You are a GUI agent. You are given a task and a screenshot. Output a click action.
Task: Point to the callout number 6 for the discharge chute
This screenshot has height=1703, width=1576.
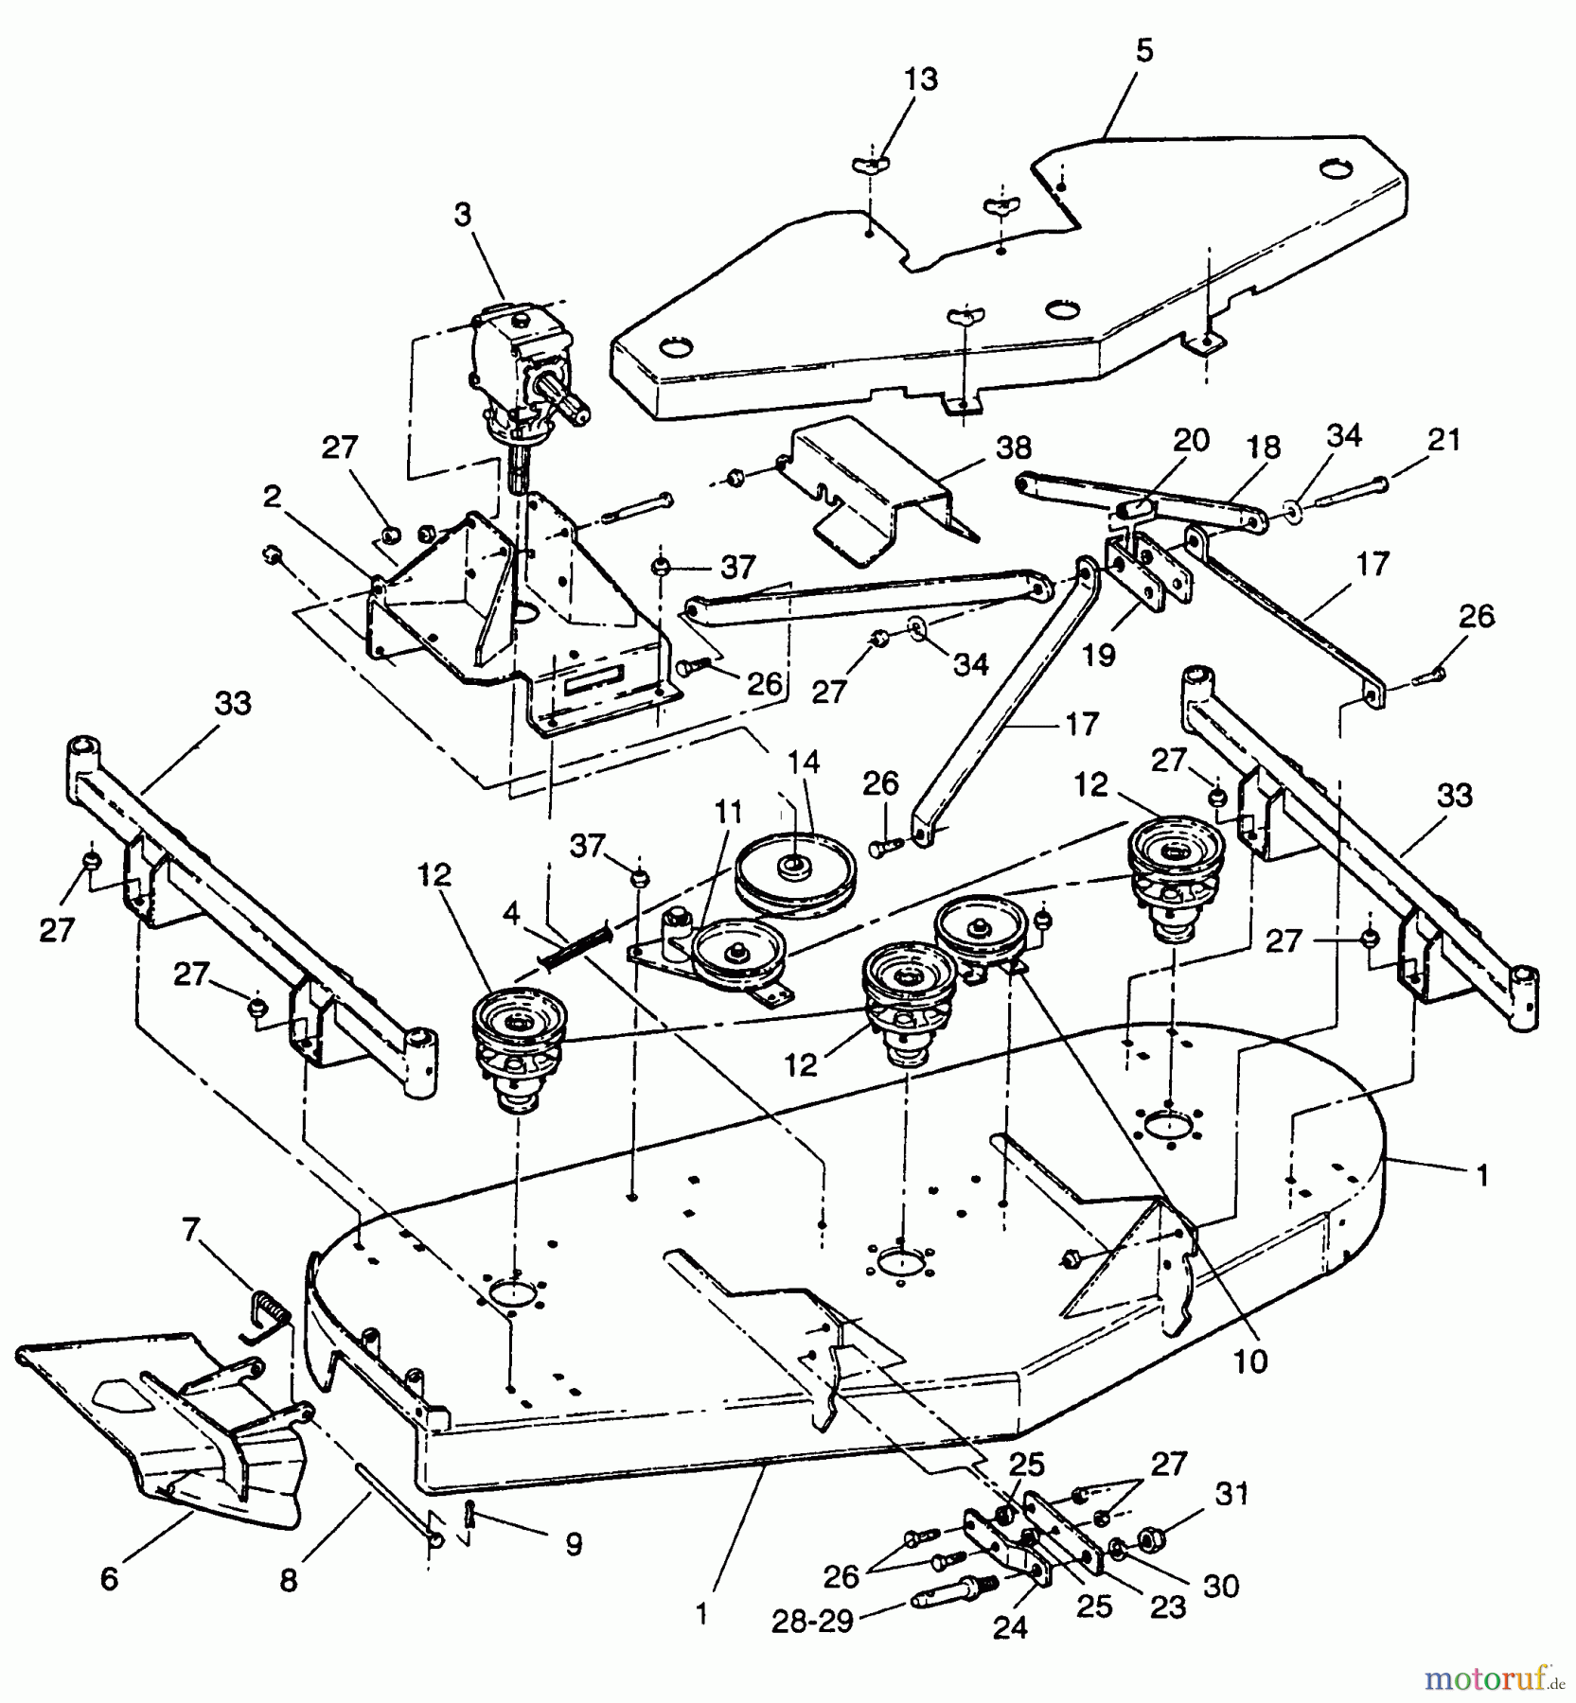[109, 1578]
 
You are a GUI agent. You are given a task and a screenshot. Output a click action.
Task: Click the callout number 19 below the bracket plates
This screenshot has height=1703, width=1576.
[1099, 655]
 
